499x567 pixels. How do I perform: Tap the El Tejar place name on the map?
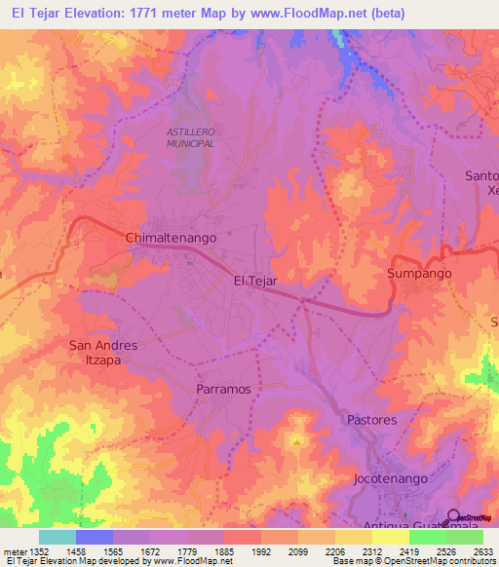pos(256,281)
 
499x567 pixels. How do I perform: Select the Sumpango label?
pos(420,274)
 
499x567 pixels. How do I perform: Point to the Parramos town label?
pos(224,388)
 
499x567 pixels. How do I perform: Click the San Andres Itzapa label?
pos(102,352)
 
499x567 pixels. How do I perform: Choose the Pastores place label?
pos(372,420)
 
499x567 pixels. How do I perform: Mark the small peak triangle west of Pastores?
pos(296,441)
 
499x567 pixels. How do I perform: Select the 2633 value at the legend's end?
pos(483,551)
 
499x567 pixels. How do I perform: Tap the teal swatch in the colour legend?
pos(58,537)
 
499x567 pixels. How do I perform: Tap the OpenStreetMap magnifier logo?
pos(454,517)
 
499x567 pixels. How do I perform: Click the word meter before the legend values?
pos(12,551)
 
